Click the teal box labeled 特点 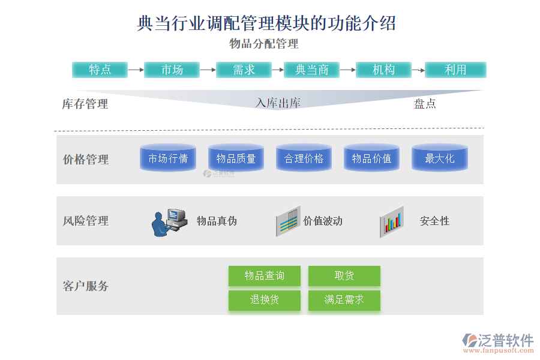[x=100, y=70]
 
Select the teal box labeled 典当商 [x=311, y=70]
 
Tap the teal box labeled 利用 [x=455, y=70]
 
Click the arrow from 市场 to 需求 [x=208, y=70]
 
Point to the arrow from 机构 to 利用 [x=418, y=70]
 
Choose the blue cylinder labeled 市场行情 [x=168, y=158]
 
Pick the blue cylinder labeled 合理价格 [x=304, y=158]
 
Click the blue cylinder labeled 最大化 [x=439, y=158]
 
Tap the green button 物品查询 [x=264, y=276]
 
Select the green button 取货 [x=344, y=276]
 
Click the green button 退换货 [x=264, y=300]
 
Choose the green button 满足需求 [x=344, y=300]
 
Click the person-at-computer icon [x=168, y=222]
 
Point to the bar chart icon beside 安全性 [x=392, y=221]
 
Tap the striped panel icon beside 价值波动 [x=287, y=221]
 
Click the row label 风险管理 [x=86, y=221]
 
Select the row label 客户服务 [x=86, y=286]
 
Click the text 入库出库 [x=278, y=103]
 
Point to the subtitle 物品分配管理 [x=264, y=44]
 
